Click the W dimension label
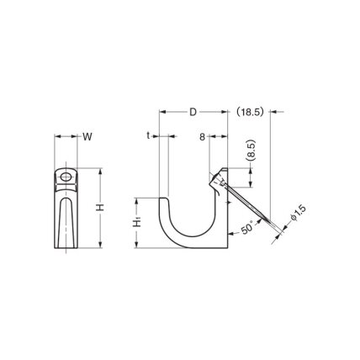[87, 137]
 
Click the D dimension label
[193, 112]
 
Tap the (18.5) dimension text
[249, 112]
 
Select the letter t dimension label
[148, 136]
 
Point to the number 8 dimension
[203, 137]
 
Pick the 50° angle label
[247, 227]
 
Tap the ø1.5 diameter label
[298, 213]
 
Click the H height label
[101, 208]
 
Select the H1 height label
[136, 223]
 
